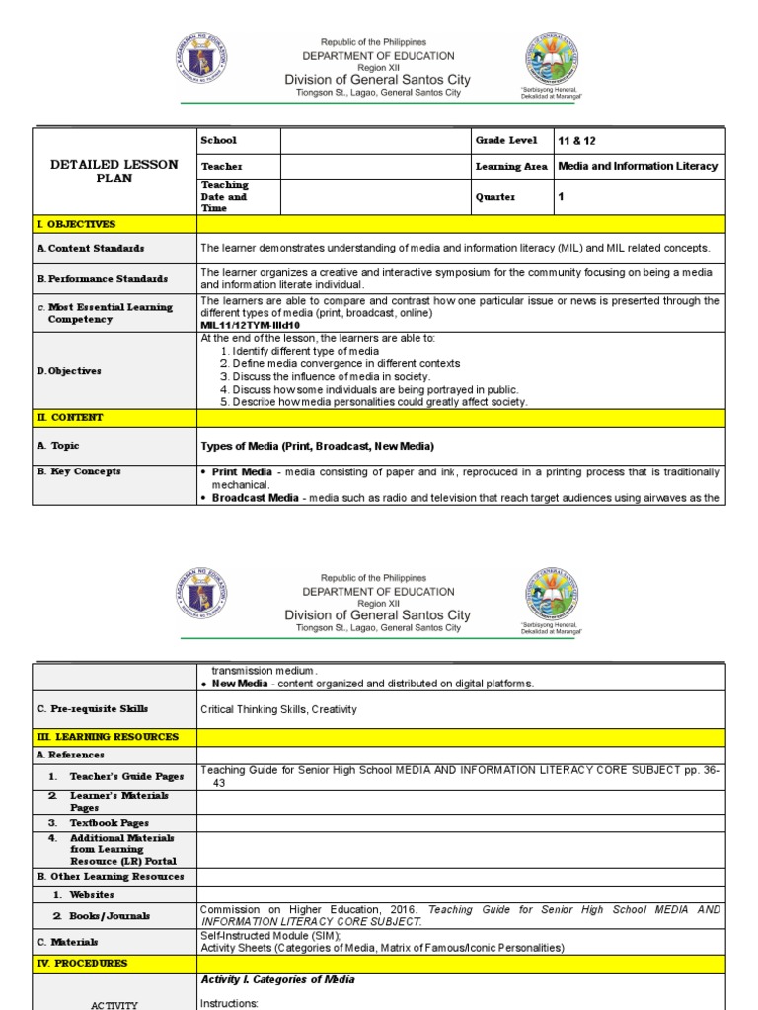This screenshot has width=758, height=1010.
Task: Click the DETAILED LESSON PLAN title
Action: coord(114,171)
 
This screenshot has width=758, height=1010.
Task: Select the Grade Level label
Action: coord(505,141)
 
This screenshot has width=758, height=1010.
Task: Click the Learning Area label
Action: coord(511,167)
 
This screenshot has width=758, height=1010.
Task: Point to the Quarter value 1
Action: coord(562,197)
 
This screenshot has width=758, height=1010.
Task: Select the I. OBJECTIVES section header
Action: coord(76,225)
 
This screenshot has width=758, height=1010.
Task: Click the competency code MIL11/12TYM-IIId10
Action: coord(250,325)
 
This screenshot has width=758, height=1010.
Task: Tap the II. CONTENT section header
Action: coord(69,418)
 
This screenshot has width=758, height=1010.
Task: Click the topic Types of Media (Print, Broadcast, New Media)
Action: coord(317,447)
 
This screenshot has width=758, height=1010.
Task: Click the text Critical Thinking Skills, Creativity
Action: coord(278,709)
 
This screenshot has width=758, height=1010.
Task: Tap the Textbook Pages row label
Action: coord(109,822)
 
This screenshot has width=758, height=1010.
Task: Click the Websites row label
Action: coord(91,895)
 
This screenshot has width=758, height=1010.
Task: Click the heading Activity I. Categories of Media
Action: coord(277,980)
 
